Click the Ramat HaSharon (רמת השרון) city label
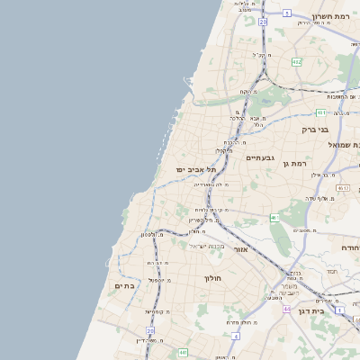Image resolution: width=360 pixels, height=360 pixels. click(336, 16)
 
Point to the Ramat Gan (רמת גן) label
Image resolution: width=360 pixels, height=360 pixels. click(294, 163)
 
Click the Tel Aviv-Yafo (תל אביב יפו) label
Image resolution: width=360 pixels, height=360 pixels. click(197, 169)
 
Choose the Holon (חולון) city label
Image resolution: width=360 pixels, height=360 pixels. click(212, 278)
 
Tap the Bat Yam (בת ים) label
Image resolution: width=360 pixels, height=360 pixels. click(124, 285)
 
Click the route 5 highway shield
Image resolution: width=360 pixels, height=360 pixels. click(287, 13)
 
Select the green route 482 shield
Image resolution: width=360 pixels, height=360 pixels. click(296, 61)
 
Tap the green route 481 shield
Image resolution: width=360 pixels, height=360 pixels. click(320, 112)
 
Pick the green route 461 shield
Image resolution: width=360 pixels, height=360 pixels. click(275, 218)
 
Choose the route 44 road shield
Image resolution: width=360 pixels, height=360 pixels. click(286, 308)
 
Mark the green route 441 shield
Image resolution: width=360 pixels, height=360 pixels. click(184, 352)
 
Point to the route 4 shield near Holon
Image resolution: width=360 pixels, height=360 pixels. click(236, 335)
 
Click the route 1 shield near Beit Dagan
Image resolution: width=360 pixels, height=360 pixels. click(339, 309)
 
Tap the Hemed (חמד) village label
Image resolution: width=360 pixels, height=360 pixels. click(331, 270)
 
